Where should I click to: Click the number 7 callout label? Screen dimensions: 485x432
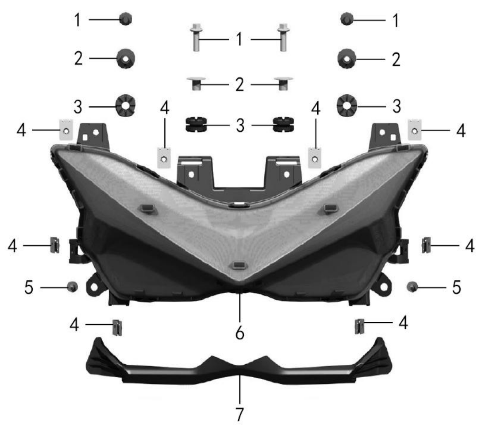coord(240,414)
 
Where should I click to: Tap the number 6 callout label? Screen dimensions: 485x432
coord(240,333)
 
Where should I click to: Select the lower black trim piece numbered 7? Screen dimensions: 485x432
coord(239,364)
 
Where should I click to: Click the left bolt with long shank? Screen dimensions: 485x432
coord(195,37)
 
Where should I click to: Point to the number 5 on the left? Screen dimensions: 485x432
coord(29,287)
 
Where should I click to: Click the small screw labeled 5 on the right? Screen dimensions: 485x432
coord(412,287)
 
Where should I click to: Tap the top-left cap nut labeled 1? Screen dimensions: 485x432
coord(126,19)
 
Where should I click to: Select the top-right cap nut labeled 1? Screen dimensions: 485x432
coord(347,19)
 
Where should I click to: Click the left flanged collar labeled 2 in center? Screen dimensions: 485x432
coord(196,83)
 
